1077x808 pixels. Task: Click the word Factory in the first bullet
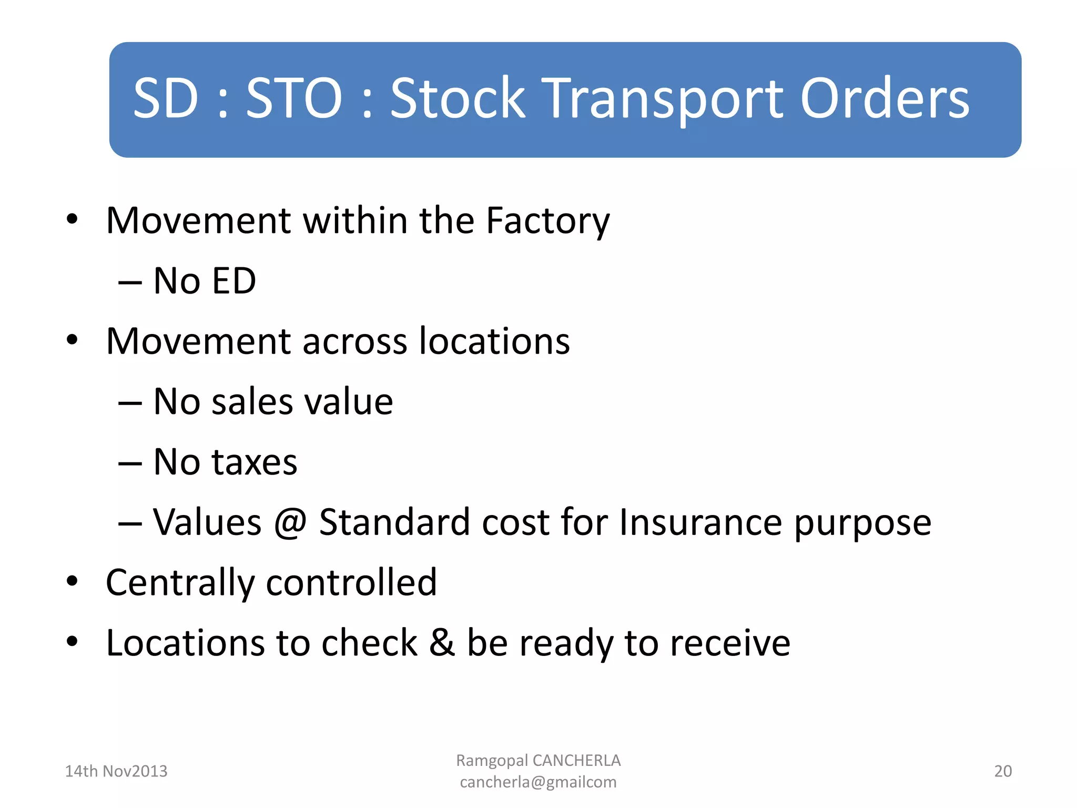[x=547, y=221]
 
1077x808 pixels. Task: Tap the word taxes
[x=254, y=462]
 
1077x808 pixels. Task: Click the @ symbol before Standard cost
[x=290, y=523]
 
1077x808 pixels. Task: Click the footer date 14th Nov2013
[x=116, y=771]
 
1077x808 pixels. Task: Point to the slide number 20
[x=1002, y=771]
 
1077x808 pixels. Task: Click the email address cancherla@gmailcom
[x=538, y=782]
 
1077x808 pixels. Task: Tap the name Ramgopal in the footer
[x=492, y=761]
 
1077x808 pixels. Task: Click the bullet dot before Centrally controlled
[x=72, y=582]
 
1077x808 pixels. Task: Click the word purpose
[x=862, y=524]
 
